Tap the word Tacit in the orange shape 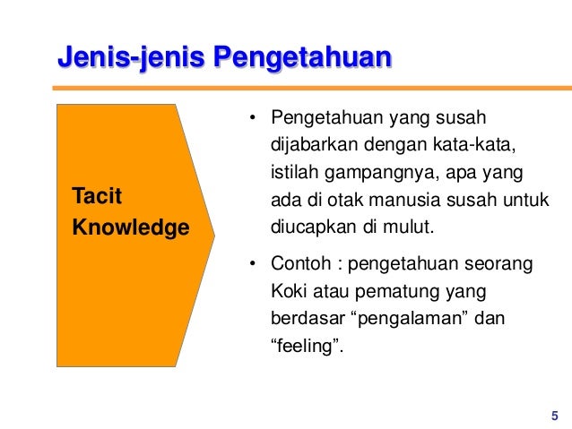(90, 195)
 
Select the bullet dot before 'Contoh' (253, 265)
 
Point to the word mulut (409, 223)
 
